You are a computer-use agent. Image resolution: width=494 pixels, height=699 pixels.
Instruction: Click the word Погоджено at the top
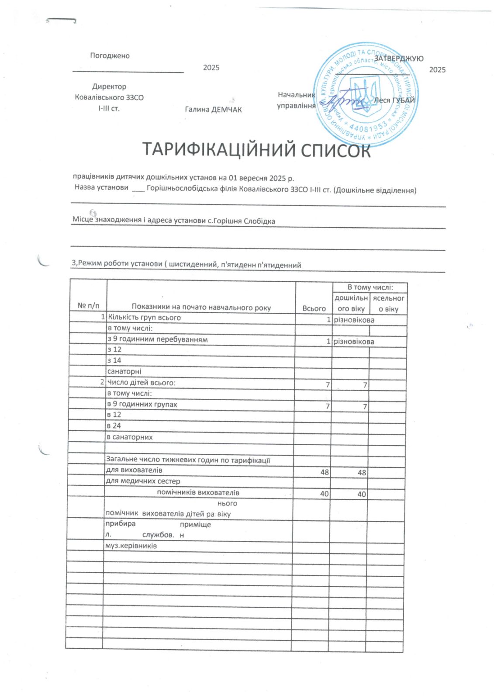(x=110, y=55)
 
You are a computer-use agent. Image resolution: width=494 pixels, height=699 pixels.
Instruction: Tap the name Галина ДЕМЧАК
(x=213, y=109)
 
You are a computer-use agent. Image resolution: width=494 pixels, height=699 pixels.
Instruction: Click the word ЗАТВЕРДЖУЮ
(x=398, y=58)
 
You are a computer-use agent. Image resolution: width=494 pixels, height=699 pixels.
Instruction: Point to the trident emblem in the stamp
(x=364, y=96)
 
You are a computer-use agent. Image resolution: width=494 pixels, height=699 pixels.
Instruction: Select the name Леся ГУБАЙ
(x=394, y=100)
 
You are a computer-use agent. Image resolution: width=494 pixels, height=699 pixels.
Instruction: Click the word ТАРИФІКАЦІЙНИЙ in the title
(x=213, y=150)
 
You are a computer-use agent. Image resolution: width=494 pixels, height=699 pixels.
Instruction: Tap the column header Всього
(x=314, y=308)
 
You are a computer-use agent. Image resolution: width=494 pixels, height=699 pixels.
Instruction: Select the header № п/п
(x=88, y=306)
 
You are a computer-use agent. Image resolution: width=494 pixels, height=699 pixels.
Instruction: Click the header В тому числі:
(x=370, y=287)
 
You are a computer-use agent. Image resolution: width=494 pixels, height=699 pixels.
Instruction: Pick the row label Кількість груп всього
(x=144, y=318)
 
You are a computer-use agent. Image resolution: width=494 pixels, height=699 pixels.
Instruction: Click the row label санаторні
(x=124, y=371)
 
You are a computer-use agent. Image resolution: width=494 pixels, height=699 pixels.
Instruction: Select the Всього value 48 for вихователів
(x=325, y=472)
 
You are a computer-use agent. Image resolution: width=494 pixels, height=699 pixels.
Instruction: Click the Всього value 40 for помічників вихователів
(x=325, y=494)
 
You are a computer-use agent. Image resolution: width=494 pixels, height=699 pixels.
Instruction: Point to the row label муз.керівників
(x=131, y=546)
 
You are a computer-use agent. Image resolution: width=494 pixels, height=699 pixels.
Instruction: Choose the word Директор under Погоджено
(x=109, y=87)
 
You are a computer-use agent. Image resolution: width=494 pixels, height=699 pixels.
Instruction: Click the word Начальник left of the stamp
(x=296, y=95)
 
